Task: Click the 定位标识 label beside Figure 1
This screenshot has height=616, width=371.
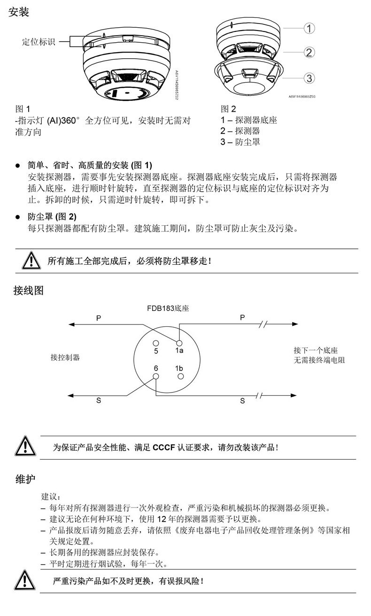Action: click(39, 42)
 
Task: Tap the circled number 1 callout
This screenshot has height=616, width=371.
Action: click(309, 28)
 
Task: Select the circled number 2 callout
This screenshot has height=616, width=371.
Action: click(309, 52)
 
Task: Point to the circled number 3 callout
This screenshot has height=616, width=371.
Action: click(309, 78)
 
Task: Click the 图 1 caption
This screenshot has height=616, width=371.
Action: click(23, 109)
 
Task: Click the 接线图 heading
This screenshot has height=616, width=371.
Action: click(28, 291)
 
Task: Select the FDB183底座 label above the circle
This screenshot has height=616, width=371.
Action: click(167, 308)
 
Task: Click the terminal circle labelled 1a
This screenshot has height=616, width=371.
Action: click(179, 343)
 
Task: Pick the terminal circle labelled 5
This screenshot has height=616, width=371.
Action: click(156, 343)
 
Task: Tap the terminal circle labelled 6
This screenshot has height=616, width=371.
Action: click(156, 377)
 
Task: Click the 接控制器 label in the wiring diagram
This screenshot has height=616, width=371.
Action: click(65, 357)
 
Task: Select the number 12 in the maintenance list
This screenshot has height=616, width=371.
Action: click(161, 519)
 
